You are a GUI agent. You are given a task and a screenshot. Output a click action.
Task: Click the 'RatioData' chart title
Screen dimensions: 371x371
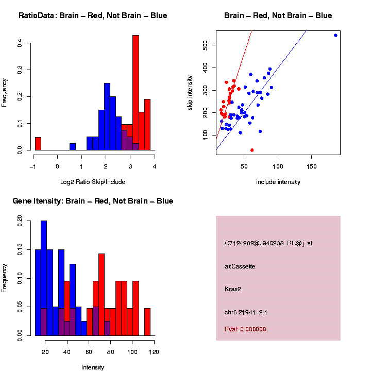(93, 15)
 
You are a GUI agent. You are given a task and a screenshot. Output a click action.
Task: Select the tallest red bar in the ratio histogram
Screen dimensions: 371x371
(136, 93)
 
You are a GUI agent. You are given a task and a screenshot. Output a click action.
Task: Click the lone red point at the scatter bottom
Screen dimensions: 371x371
(252, 150)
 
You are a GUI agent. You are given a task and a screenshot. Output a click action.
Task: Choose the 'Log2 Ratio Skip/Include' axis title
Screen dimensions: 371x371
(93, 182)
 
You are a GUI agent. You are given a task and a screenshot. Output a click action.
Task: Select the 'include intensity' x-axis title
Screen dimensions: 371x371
(278, 182)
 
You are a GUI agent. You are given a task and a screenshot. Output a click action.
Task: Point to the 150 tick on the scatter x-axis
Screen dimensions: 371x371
(312, 166)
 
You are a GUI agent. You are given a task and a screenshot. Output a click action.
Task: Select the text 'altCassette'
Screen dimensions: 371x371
(240, 266)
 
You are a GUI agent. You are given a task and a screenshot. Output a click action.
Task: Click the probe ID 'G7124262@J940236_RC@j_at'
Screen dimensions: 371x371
(268, 243)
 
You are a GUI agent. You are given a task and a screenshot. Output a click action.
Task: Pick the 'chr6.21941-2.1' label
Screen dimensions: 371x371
(246, 312)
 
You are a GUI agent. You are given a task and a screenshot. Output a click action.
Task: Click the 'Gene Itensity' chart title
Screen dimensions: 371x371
(93, 201)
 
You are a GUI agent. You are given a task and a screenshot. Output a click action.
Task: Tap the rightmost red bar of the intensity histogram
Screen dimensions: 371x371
(147, 322)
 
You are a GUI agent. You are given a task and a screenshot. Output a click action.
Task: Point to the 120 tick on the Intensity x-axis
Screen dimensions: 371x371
(154, 352)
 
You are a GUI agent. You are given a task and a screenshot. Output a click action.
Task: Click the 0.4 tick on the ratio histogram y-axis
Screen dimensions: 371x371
(19, 44)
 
